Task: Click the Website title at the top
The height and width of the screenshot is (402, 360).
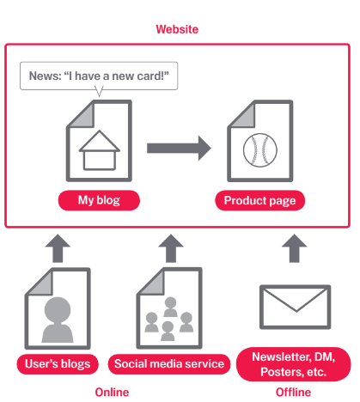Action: point(177,29)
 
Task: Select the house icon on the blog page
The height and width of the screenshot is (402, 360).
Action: point(99,148)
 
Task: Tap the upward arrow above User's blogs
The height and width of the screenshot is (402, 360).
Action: point(58,247)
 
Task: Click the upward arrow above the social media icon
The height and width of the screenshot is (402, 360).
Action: point(171,247)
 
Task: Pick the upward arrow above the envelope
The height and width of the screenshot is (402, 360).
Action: point(295,247)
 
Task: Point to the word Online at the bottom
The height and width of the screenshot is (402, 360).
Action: point(111,393)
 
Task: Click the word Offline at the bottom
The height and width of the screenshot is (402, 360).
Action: point(294,393)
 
